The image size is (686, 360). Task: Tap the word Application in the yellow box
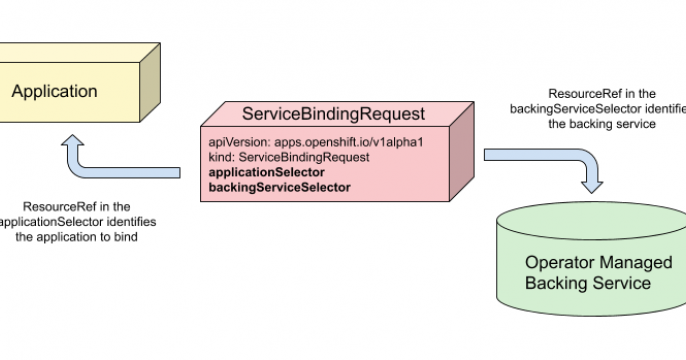(x=54, y=92)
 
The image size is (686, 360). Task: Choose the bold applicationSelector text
(x=266, y=173)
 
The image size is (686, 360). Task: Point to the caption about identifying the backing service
(x=598, y=108)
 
